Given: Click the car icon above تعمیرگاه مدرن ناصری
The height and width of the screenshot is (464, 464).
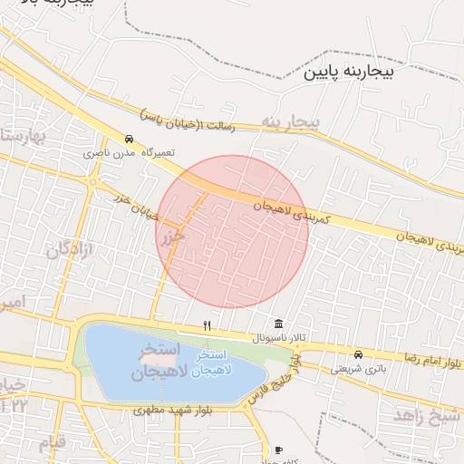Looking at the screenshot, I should coord(130,140).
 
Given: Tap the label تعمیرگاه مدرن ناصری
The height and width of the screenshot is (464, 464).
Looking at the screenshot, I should coord(129,153).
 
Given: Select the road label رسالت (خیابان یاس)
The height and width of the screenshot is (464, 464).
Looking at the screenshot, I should coord(188,121).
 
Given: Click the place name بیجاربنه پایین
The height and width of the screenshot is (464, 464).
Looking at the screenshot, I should coord(348,70).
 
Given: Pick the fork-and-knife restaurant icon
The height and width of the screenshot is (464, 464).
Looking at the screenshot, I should coord(208,324).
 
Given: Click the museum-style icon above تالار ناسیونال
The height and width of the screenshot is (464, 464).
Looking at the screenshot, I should coord(277,324).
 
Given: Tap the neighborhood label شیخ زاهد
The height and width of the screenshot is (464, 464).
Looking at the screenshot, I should coord(427,414).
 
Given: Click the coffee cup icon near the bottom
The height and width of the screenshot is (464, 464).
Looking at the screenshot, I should coord(277,449).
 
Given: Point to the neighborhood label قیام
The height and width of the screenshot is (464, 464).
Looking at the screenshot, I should coord(52,443).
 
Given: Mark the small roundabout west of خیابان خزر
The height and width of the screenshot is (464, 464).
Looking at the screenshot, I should coord(93,181).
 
